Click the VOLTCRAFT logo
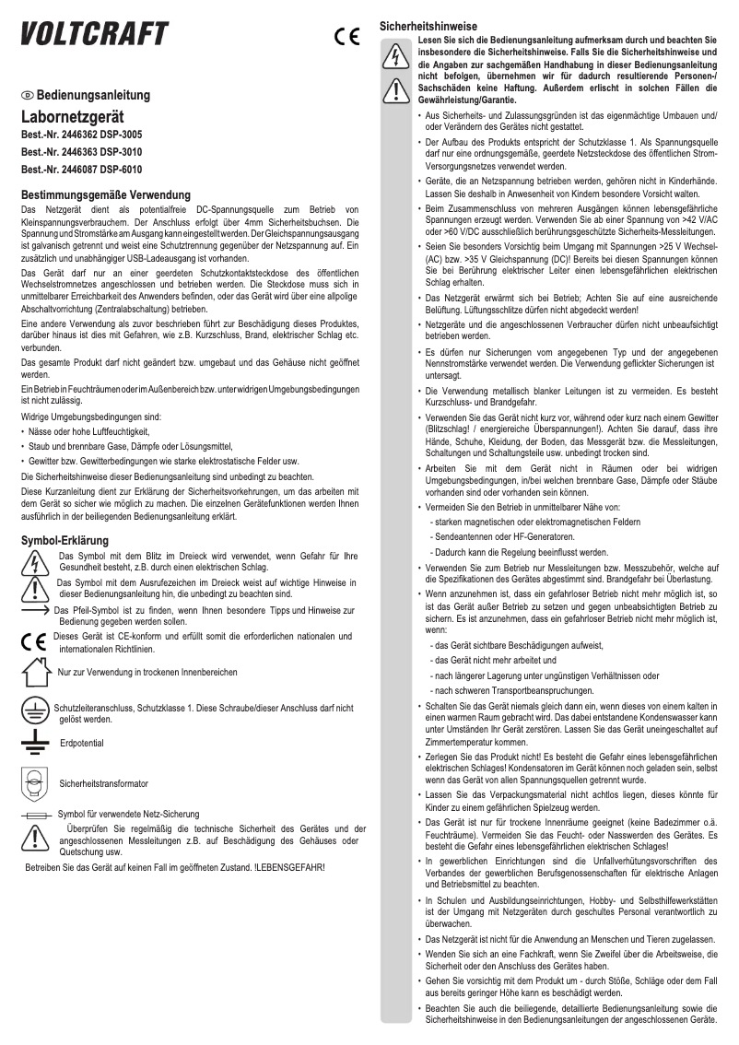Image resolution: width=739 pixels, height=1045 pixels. [95, 35]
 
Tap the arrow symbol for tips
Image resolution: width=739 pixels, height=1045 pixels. [33, 611]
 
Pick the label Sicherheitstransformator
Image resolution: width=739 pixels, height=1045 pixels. [103, 783]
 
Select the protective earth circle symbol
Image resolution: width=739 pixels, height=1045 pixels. [35, 710]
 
